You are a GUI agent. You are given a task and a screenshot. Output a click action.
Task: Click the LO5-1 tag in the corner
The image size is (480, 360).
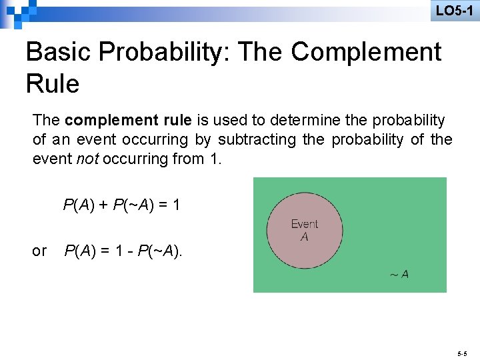pos(454,11)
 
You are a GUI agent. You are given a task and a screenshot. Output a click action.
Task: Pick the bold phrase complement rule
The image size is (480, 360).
pos(129,120)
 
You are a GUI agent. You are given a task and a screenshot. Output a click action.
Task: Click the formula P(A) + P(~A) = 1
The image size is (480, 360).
pos(121,205)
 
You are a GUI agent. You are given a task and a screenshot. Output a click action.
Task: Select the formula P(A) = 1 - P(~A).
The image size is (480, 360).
pos(123,251)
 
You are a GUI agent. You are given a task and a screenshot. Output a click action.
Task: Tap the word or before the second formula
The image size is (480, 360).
pos(40,251)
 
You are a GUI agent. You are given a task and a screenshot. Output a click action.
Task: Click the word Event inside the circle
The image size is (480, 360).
pos(305,224)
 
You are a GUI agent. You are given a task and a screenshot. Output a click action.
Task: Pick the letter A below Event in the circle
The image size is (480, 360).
pos(304,236)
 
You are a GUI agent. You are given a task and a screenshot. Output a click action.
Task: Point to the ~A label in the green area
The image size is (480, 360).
pos(399,274)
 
